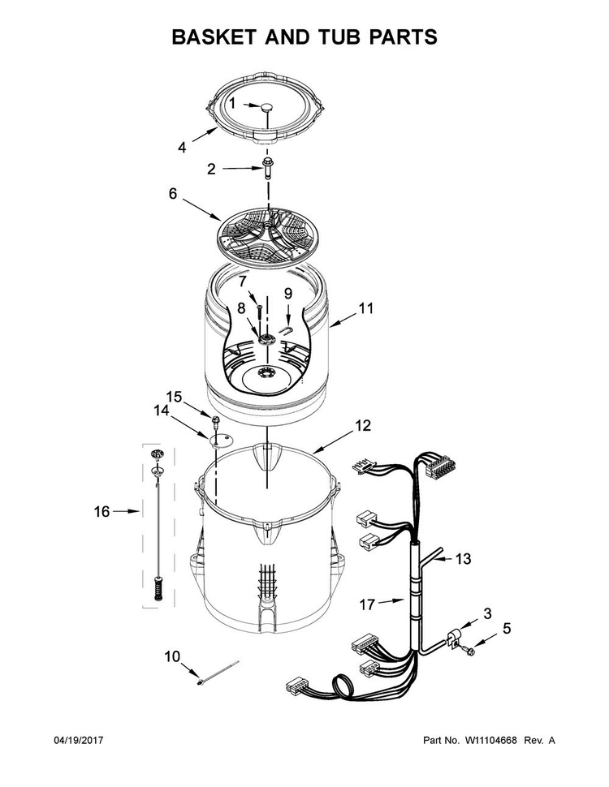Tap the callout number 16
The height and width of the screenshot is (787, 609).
(x=101, y=511)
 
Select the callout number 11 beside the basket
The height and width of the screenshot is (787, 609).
(x=366, y=308)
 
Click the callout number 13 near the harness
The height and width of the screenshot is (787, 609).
(x=464, y=559)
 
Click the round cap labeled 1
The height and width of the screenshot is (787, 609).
(x=266, y=107)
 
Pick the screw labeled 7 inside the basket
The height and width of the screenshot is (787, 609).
(x=259, y=312)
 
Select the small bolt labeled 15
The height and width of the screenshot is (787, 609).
(x=217, y=420)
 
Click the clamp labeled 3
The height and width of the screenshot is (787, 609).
(x=453, y=639)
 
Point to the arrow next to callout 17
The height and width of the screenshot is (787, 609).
(x=391, y=600)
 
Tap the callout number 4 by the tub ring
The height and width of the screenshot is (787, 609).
(x=182, y=148)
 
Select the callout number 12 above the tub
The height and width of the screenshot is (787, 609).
(x=363, y=426)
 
